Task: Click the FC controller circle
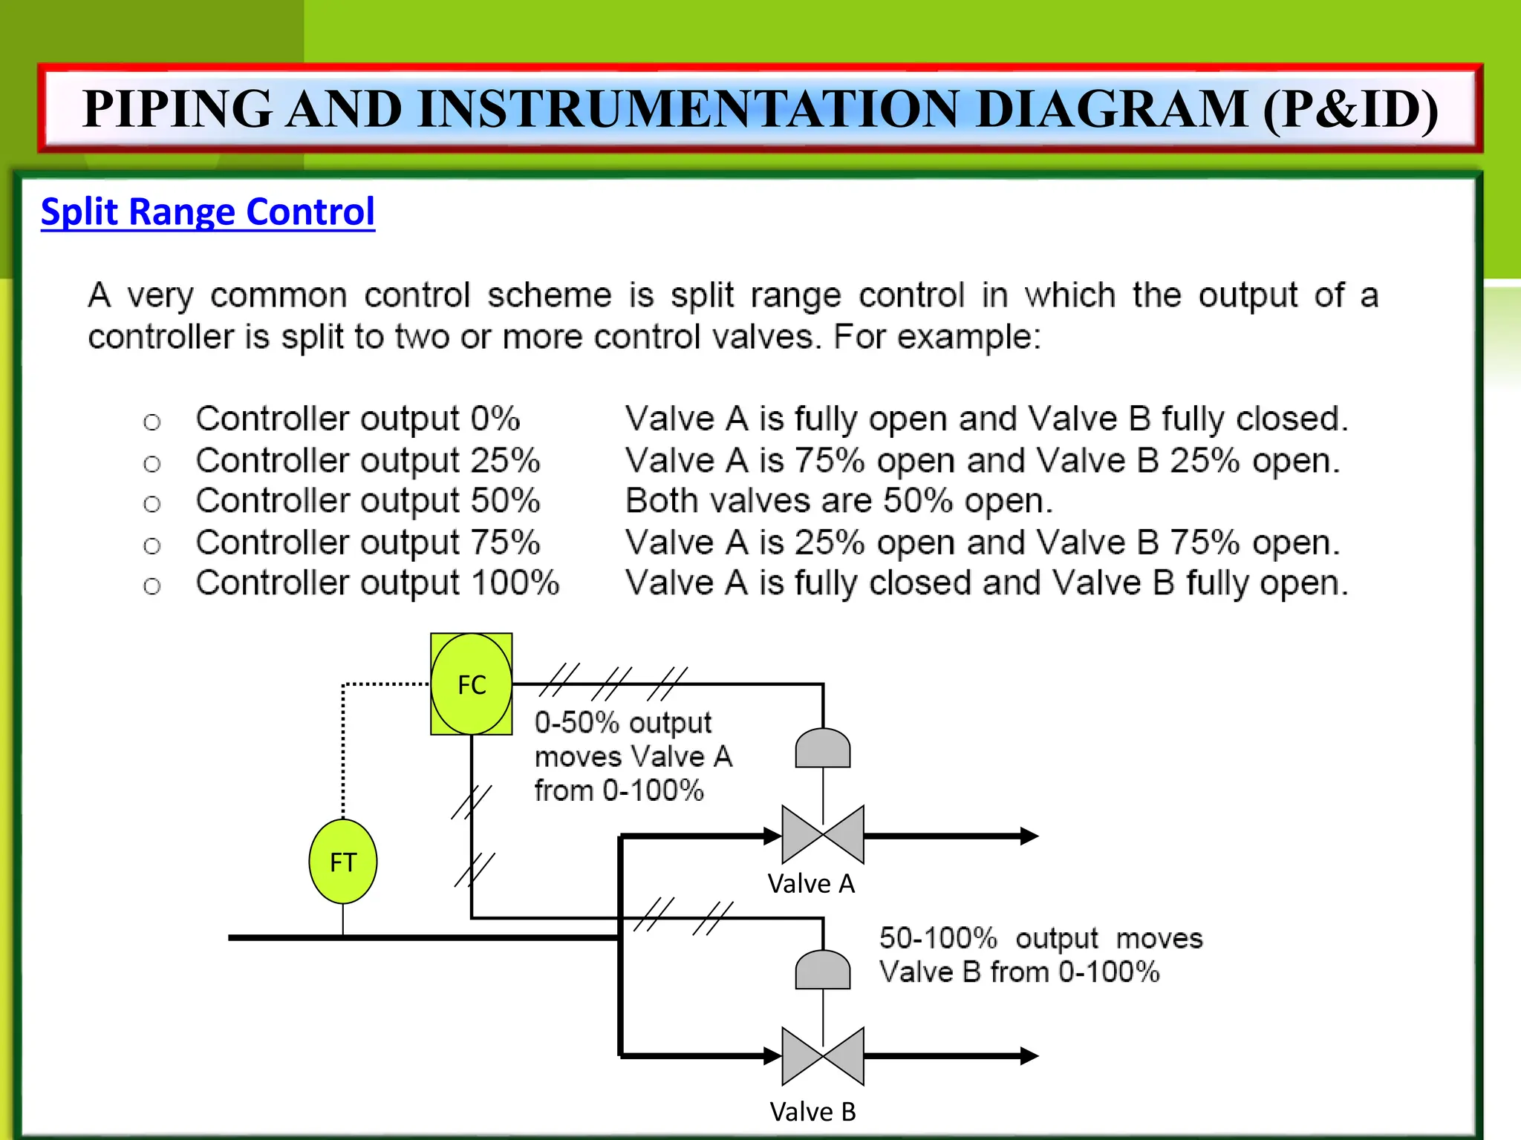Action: [x=471, y=684]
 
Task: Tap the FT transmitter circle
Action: [x=342, y=862]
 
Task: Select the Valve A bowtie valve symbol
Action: [x=823, y=835]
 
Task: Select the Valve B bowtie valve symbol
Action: [x=823, y=1055]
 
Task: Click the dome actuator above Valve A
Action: [x=823, y=749]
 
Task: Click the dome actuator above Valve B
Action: [x=823, y=970]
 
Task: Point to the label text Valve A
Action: [x=811, y=884]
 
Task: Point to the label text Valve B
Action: [x=812, y=1112]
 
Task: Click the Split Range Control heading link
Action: [x=208, y=212]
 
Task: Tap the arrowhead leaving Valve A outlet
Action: [x=1029, y=836]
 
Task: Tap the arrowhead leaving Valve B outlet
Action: [x=1029, y=1055]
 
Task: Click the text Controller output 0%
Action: [x=358, y=419]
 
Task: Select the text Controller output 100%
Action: [x=377, y=583]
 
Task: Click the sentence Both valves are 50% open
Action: [x=839, y=502]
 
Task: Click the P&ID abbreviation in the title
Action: [x=1350, y=110]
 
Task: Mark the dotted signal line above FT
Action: [x=343, y=750]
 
